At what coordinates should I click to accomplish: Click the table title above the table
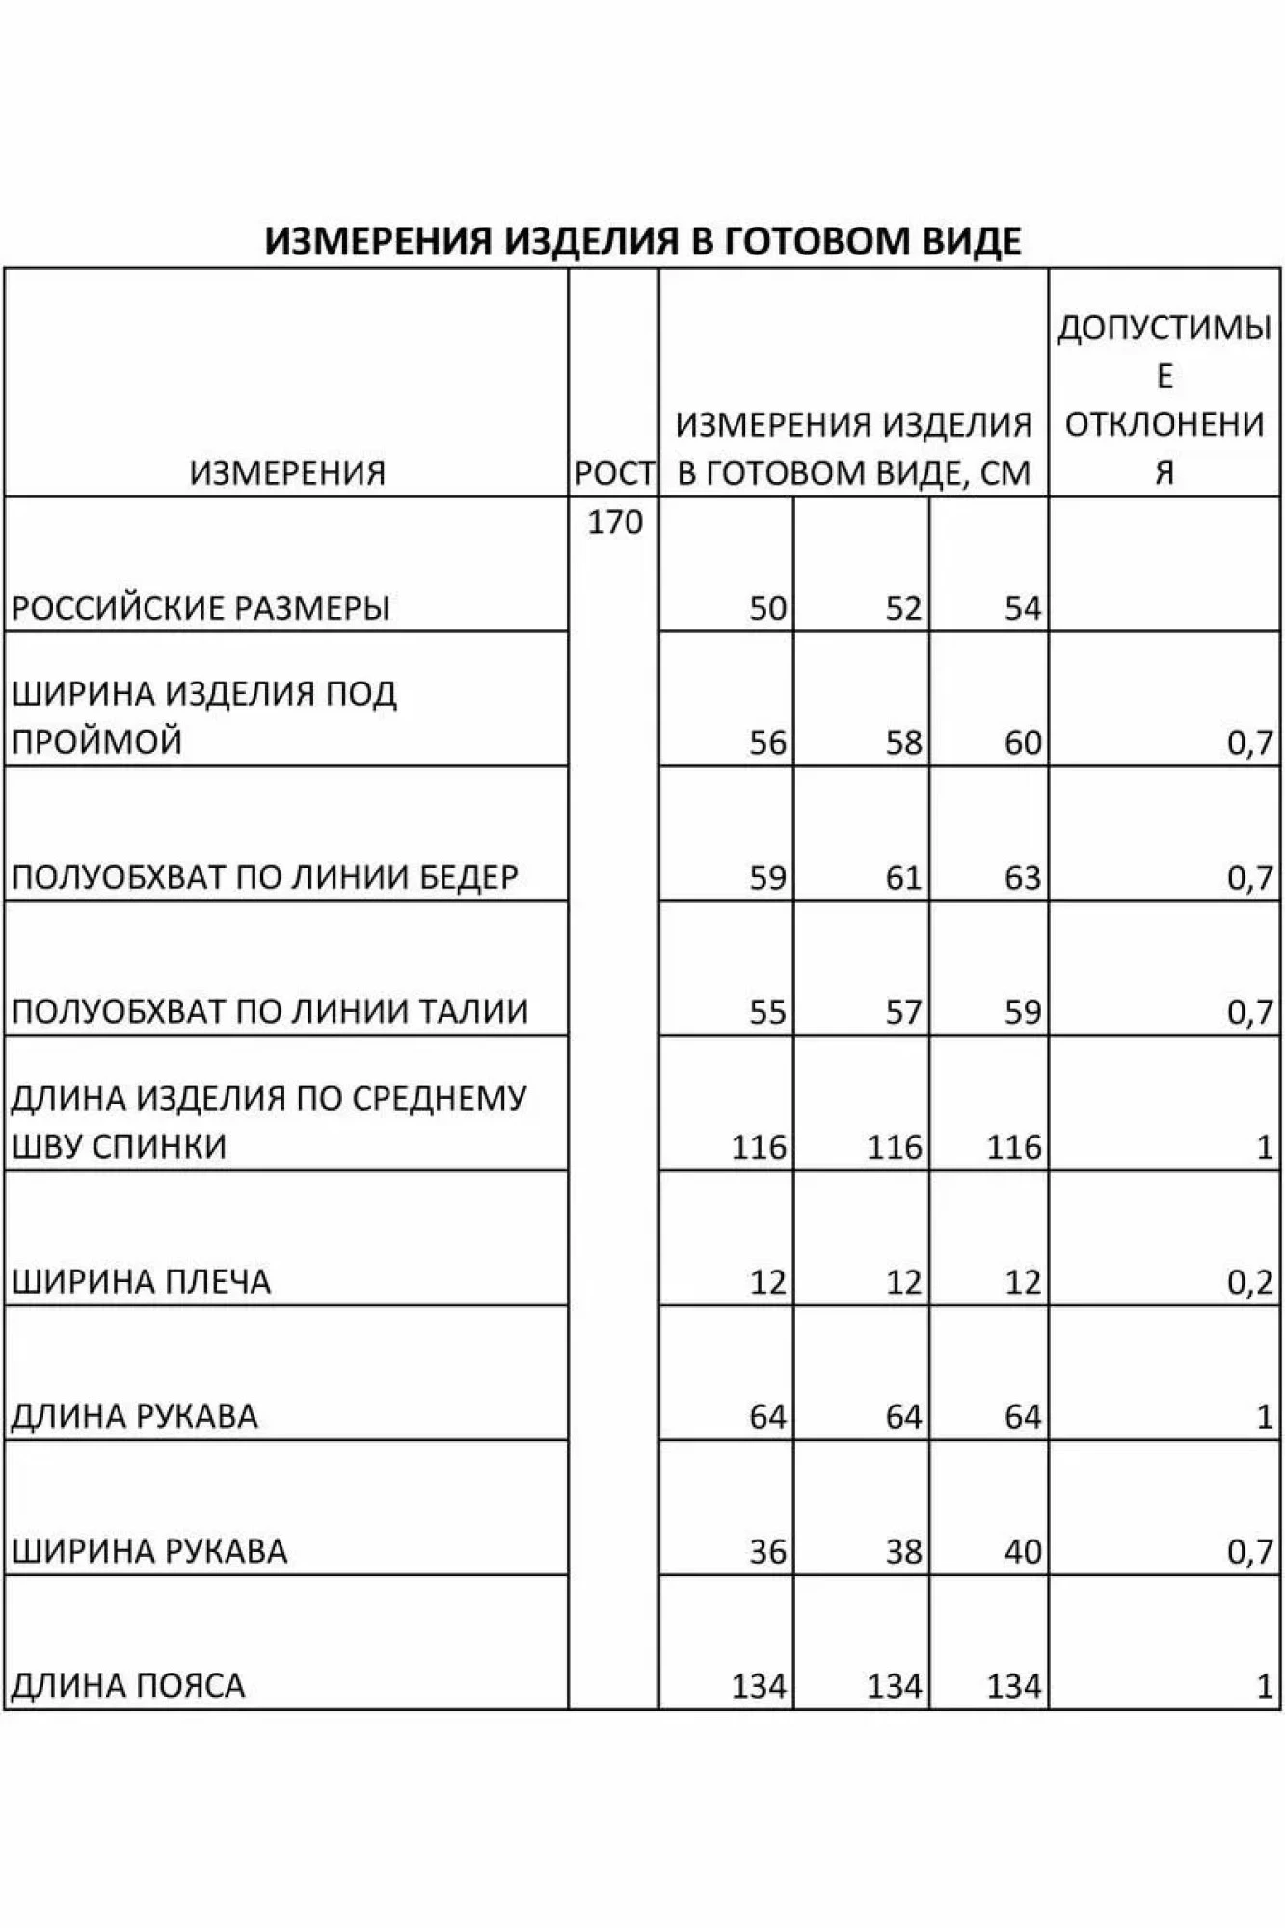(x=643, y=240)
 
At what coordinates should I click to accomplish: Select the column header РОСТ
(x=614, y=473)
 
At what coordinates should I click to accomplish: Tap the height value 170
(x=615, y=522)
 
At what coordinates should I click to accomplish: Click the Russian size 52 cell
(x=903, y=608)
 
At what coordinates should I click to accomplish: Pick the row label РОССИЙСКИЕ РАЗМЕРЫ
(x=201, y=608)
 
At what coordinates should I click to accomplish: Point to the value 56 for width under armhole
(x=767, y=742)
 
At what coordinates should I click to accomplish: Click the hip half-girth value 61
(x=903, y=877)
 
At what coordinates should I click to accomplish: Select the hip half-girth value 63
(x=1022, y=877)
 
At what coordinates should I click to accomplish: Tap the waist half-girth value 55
(x=767, y=1012)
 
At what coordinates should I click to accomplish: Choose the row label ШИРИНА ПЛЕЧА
(x=142, y=1281)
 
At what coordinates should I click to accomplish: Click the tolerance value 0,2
(x=1249, y=1281)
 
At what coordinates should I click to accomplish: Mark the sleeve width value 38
(x=903, y=1551)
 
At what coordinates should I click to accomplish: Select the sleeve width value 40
(x=1022, y=1551)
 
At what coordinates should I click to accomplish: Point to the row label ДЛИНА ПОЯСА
(x=128, y=1686)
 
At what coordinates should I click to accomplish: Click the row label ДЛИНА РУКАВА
(x=135, y=1416)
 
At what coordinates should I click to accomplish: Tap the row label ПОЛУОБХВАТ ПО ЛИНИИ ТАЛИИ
(x=270, y=1011)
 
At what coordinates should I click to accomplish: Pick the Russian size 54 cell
(x=1022, y=608)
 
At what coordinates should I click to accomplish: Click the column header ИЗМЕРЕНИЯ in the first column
(x=287, y=473)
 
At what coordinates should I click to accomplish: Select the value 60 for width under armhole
(x=1022, y=742)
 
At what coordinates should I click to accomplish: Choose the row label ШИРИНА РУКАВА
(x=149, y=1551)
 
